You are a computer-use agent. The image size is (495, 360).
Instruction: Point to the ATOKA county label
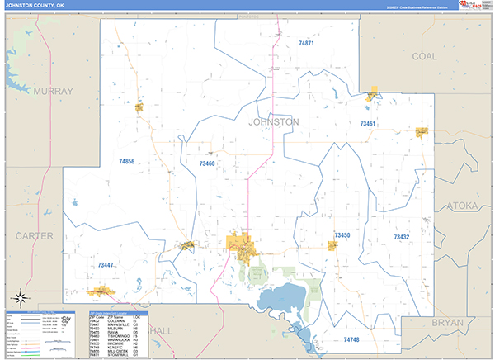coord(461,205)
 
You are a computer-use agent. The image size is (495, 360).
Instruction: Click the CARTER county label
coord(34,236)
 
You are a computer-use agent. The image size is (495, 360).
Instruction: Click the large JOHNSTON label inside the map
coord(273,121)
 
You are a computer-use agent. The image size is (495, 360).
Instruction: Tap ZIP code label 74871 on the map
coord(307,42)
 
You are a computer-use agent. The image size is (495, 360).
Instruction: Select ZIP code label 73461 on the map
coord(368,124)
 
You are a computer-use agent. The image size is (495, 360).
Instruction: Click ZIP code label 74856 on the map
coord(126,162)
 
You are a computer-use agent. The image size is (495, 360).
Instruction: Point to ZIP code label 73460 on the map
coord(206,163)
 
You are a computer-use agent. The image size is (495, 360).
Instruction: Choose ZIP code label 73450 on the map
coord(342,235)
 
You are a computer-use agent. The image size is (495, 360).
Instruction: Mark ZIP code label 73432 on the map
coord(402,237)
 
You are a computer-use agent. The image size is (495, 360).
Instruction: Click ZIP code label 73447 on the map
coord(105,265)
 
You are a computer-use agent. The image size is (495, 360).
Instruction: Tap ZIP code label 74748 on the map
coord(351,339)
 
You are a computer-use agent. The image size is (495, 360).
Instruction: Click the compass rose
coord(20,297)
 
